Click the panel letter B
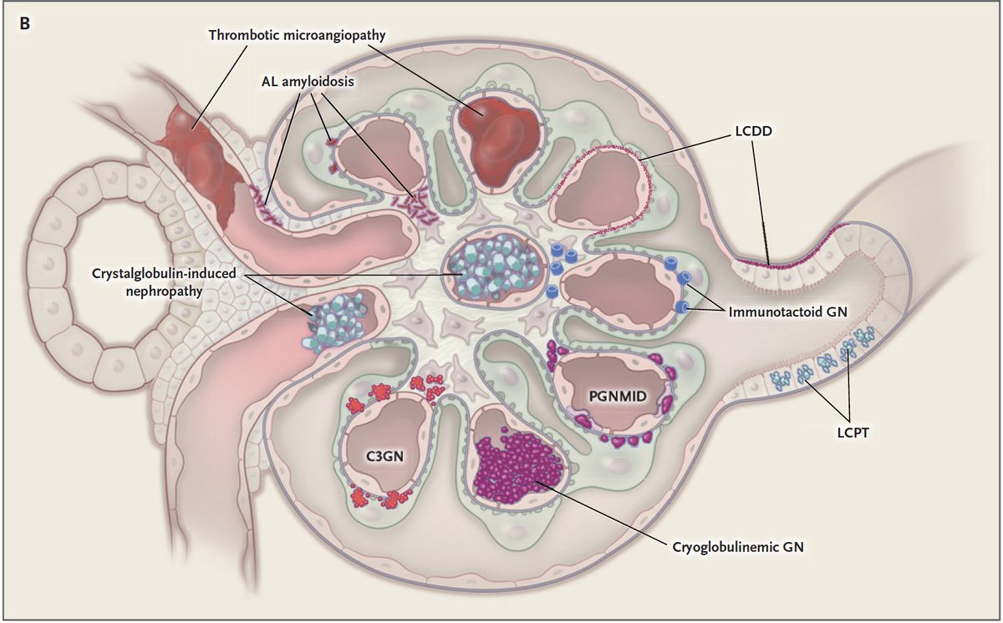coord(25,23)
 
